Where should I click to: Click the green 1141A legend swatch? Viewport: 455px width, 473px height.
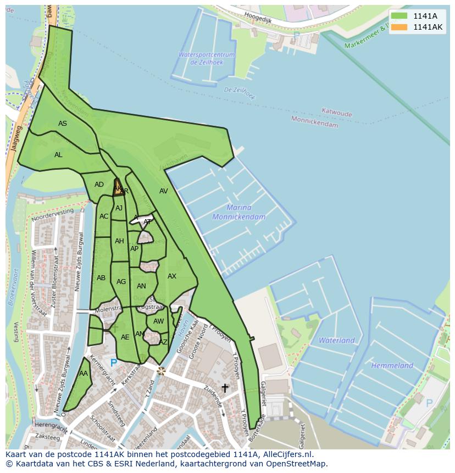[399, 16]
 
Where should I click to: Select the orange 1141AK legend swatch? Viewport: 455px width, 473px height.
[399, 27]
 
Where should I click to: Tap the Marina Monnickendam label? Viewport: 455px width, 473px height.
[239, 212]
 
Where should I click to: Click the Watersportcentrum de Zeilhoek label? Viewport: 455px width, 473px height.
[206, 59]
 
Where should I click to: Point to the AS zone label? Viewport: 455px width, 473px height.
[63, 124]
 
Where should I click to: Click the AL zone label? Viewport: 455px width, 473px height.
[58, 155]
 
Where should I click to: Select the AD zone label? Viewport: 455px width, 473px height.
[99, 185]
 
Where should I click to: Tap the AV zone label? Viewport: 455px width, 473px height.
[163, 191]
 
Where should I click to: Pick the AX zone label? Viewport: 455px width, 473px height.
[172, 276]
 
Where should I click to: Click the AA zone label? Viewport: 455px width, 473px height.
[84, 374]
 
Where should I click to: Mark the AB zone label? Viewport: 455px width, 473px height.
[101, 278]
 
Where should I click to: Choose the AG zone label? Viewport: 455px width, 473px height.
[121, 282]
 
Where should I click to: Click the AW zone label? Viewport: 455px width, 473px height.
[158, 321]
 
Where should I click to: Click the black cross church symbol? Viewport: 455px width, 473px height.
[225, 388]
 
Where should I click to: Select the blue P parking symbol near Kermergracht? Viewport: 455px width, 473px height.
[114, 363]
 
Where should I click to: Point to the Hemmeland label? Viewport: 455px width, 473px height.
[392, 365]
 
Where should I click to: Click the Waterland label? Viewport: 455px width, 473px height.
[336, 341]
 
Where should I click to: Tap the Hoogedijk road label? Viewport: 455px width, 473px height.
[258, 16]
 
